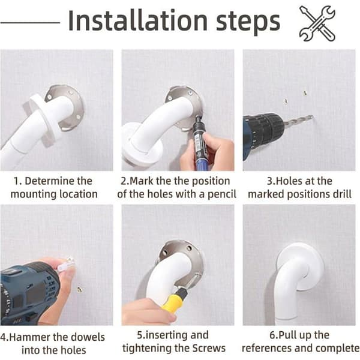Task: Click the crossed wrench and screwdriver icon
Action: point(317,23)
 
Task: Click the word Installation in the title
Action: point(138,20)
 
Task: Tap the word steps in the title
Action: point(248,23)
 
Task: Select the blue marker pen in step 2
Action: point(199,142)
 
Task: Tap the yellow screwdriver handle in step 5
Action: point(172,300)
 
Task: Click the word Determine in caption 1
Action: point(58,181)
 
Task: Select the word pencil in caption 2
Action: point(222,194)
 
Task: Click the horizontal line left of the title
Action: point(30,23)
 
